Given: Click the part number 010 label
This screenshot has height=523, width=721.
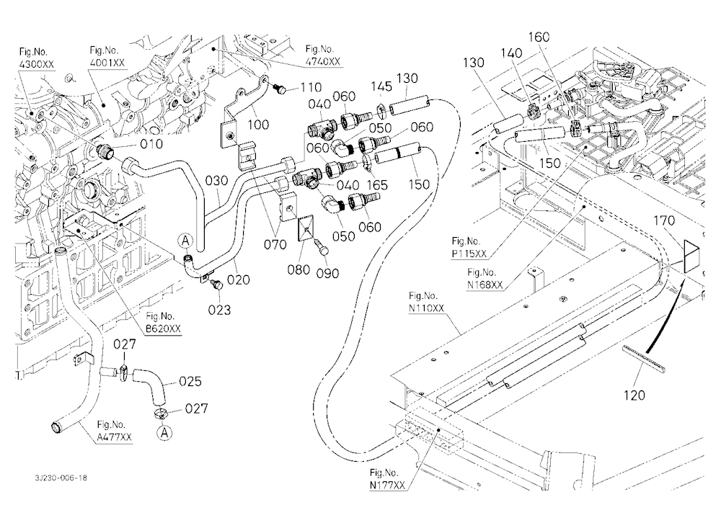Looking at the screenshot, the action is pyautogui.click(x=151, y=144).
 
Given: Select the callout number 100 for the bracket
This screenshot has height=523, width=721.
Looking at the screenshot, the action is pyautogui.click(x=258, y=124).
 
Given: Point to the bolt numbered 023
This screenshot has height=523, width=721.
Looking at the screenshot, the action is pyautogui.click(x=216, y=286).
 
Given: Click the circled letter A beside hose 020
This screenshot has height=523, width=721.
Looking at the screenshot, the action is pyautogui.click(x=186, y=241).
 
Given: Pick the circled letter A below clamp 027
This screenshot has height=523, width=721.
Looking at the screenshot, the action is pyautogui.click(x=164, y=432).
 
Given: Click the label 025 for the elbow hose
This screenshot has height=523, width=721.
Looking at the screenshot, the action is pyautogui.click(x=190, y=381).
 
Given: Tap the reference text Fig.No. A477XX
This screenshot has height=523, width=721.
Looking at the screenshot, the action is pyautogui.click(x=114, y=431).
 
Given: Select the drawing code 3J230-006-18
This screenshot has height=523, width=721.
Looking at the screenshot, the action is pyautogui.click(x=61, y=478).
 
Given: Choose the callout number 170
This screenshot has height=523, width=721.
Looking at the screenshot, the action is pyautogui.click(x=665, y=220).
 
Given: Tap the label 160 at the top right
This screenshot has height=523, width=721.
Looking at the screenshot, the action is pyautogui.click(x=539, y=37).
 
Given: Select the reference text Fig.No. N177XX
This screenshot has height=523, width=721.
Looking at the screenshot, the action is pyautogui.click(x=388, y=479).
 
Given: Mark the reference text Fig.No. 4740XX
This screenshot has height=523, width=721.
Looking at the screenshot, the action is pyautogui.click(x=323, y=55).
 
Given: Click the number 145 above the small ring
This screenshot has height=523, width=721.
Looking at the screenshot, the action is pyautogui.click(x=381, y=87).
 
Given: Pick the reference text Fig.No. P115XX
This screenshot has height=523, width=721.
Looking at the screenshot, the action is pyautogui.click(x=469, y=247).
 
